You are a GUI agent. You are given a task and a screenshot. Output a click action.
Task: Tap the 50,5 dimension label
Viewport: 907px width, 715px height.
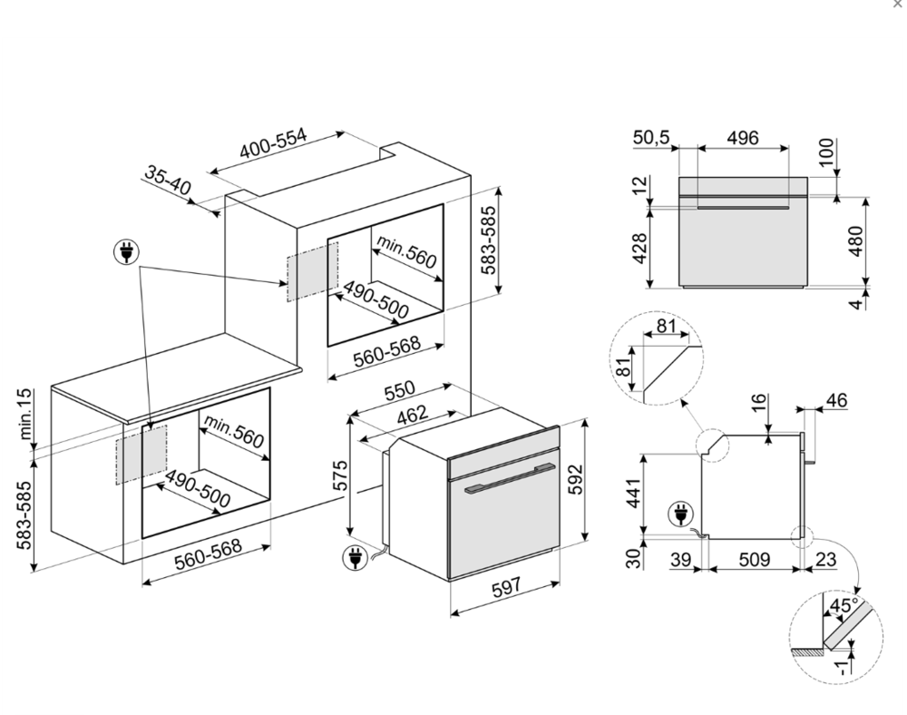point(651,138)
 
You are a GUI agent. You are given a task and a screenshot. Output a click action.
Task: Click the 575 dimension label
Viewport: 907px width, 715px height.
point(340,475)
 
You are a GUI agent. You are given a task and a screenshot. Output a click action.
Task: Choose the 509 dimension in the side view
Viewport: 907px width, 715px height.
point(753,560)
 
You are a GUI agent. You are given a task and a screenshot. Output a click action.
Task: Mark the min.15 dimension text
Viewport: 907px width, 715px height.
point(24,414)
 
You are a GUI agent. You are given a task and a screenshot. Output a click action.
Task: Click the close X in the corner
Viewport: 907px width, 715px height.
point(898,5)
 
